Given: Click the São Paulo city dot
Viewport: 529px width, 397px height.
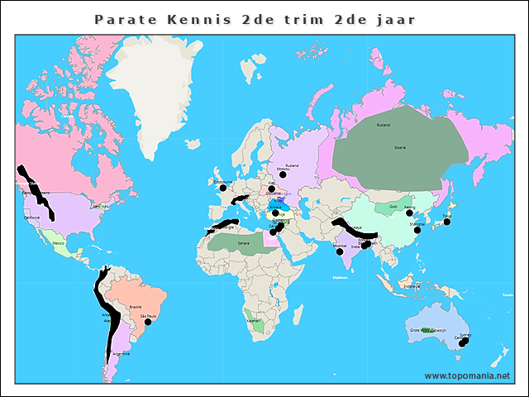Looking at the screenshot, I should (x=149, y=323).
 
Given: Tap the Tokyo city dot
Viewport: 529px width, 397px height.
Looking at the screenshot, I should (x=447, y=222).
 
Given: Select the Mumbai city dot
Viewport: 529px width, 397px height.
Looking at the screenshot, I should (x=340, y=252).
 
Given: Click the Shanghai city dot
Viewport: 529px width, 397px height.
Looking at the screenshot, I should (x=417, y=230).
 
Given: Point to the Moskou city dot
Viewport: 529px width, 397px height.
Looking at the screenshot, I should (x=283, y=175).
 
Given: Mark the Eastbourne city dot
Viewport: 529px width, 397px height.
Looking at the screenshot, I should (x=222, y=188).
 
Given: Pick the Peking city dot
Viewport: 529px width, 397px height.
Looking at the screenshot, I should (x=409, y=213).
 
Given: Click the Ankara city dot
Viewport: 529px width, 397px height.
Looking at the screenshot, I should (x=275, y=213).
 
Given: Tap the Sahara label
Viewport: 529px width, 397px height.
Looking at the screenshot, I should (x=243, y=243).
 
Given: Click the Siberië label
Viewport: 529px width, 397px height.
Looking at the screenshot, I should (x=400, y=146).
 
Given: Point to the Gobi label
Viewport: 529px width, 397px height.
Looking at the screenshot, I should (x=393, y=206).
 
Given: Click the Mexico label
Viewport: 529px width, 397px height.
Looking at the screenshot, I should (x=59, y=243).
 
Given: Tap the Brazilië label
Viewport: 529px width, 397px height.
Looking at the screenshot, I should (x=135, y=306).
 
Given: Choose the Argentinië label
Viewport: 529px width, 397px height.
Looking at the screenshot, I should (x=121, y=353).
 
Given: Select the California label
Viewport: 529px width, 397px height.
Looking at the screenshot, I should (x=32, y=218).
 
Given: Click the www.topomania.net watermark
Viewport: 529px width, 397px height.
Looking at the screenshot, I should (x=467, y=375).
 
